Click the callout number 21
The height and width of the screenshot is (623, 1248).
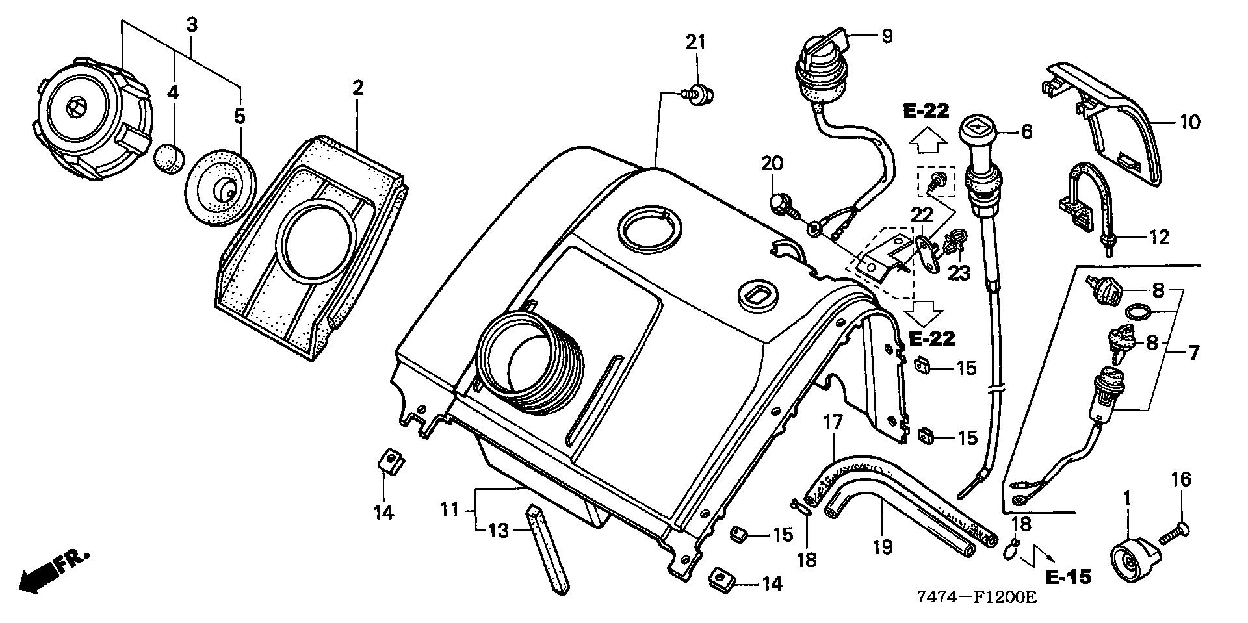[x=695, y=42]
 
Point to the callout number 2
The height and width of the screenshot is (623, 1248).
[x=357, y=88]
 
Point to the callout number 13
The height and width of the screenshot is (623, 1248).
[x=498, y=530]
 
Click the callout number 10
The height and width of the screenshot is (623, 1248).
[x=1190, y=121]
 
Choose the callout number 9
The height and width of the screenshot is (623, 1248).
[x=887, y=36]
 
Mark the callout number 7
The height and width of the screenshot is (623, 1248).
[x=1193, y=353]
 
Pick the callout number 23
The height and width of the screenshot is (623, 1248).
[x=957, y=273]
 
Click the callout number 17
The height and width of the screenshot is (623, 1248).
[x=833, y=422]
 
